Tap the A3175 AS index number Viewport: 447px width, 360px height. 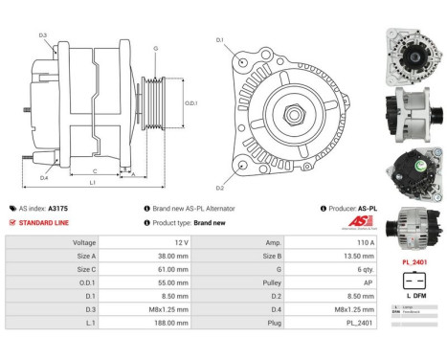[59, 208]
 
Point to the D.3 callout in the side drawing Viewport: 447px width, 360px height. [43, 35]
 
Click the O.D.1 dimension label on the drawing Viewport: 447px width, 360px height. [191, 102]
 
